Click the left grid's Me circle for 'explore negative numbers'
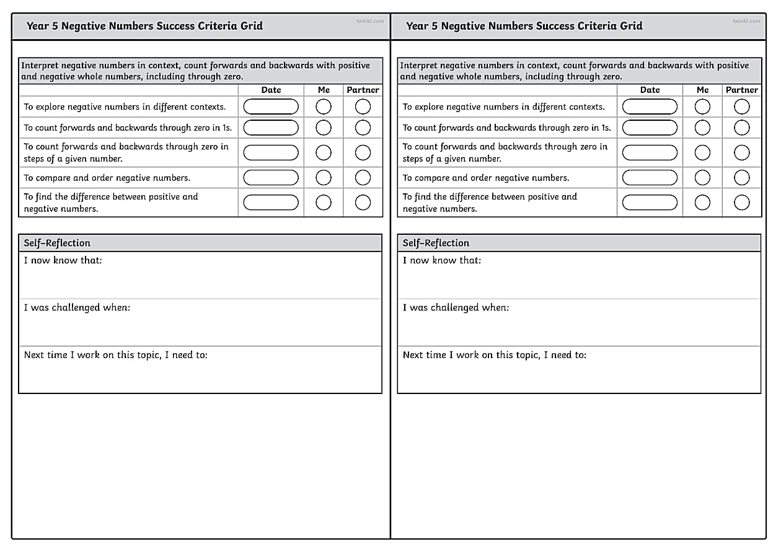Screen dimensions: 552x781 (324, 107)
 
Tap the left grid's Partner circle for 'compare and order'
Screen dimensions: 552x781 (363, 178)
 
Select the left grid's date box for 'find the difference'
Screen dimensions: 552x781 (271, 203)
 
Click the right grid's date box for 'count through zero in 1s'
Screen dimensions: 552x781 (650, 128)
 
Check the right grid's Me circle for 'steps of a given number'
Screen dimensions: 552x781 (702, 152)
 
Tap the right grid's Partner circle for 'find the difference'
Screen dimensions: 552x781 (741, 203)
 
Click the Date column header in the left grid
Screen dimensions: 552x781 (271, 90)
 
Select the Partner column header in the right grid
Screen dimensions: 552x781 (741, 90)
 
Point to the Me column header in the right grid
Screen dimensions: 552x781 (702, 90)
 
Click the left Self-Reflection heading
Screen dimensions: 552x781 (57, 243)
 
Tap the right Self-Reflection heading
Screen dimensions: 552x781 (436, 243)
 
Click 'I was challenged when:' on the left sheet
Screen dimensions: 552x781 (77, 308)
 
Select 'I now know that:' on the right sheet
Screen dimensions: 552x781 (441, 260)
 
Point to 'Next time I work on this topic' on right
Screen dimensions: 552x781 (494, 355)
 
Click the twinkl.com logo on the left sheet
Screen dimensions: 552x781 (370, 21)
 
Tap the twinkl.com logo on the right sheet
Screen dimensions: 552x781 (746, 21)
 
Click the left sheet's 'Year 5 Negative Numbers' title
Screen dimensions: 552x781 (144, 26)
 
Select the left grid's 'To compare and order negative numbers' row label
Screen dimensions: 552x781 (107, 178)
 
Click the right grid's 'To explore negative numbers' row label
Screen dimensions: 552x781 (503, 107)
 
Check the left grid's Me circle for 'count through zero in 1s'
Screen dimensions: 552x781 (324, 128)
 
